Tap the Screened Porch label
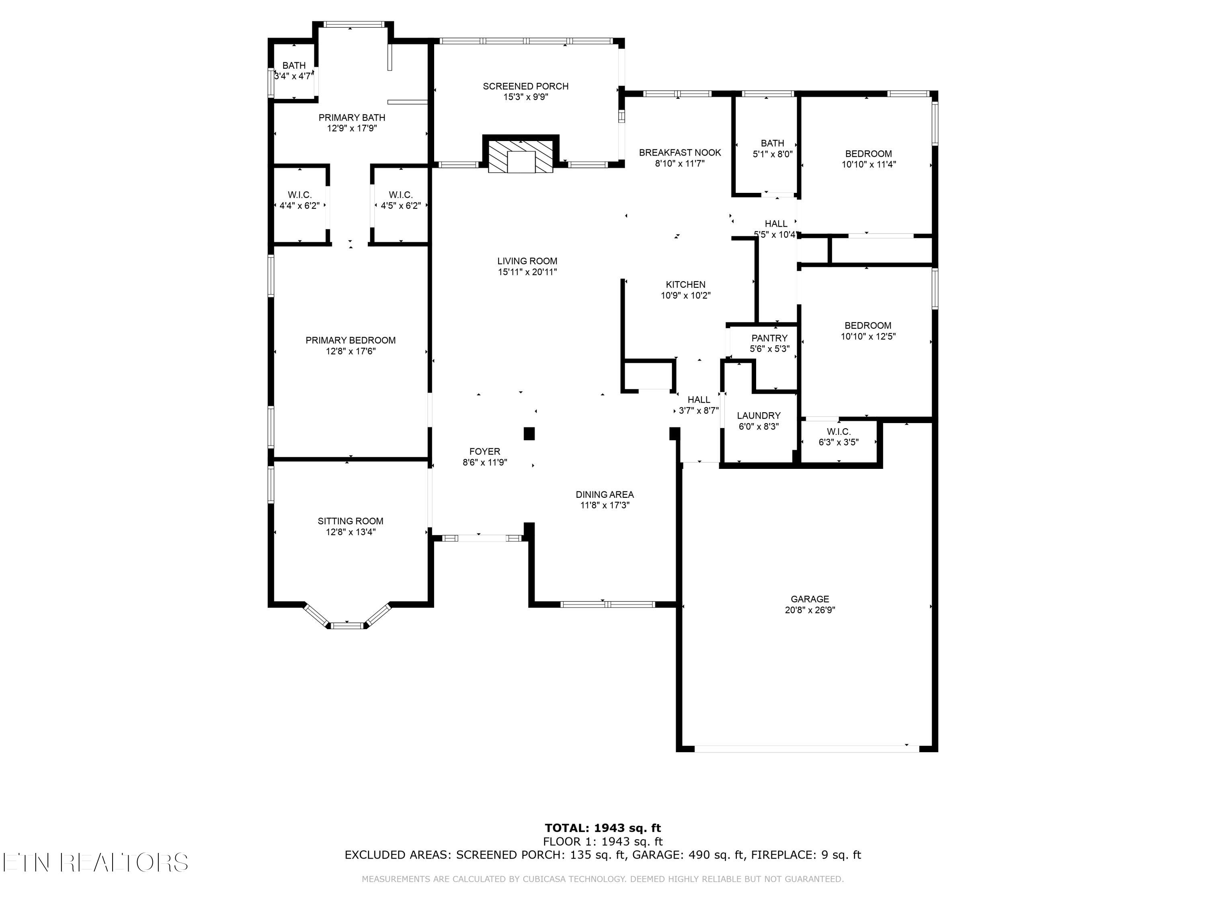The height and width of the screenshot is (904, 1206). coord(525,86)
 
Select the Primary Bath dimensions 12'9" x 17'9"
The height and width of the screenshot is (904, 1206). coord(352,129)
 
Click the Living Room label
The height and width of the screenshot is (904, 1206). coord(527,261)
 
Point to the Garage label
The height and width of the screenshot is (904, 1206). coord(810,599)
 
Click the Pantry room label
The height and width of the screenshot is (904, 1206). coord(769,338)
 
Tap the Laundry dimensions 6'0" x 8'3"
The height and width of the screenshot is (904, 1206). coord(759,427)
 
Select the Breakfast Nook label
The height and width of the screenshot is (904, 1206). coord(680,153)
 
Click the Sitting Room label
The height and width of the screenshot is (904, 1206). coord(351,521)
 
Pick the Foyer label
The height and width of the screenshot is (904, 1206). coord(485,451)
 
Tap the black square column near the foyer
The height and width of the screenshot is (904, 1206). coord(529,434)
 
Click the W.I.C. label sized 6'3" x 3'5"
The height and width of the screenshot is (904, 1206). coord(839,432)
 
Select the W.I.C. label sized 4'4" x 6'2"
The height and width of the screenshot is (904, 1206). coord(300,195)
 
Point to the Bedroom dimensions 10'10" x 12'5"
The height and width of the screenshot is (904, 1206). coord(868,337)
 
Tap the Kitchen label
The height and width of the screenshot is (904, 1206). coord(685,284)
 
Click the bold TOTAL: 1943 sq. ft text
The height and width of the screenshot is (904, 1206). coord(603,828)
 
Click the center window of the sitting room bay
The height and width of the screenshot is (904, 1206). coord(347,626)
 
